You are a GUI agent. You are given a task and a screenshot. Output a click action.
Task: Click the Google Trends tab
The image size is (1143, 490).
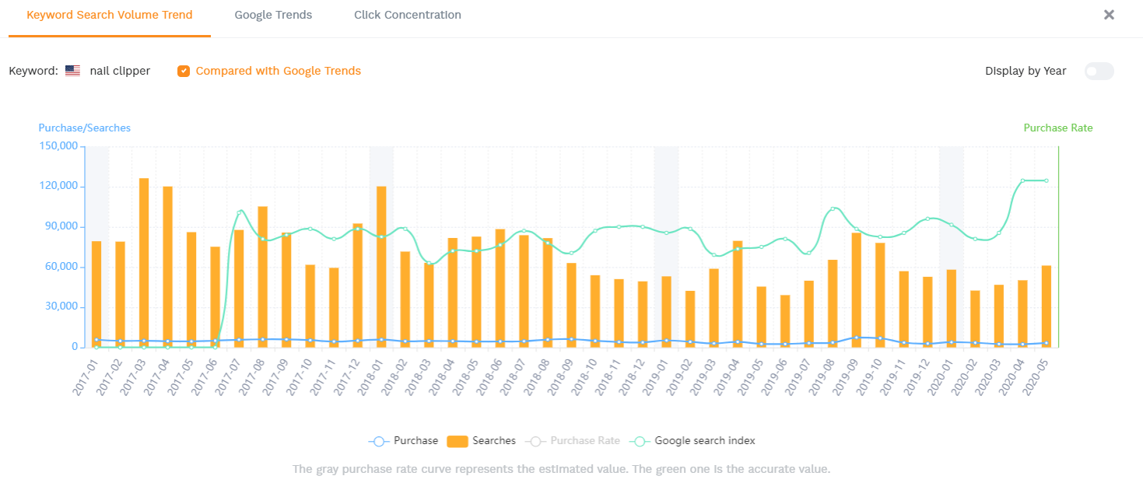[x=273, y=15]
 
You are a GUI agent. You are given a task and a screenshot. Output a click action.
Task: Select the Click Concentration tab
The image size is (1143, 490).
[x=407, y=15]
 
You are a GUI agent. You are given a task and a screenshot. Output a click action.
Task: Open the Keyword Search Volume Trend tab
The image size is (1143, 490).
[x=110, y=15]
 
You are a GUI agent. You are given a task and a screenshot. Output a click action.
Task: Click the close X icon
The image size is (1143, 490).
[x=1109, y=15]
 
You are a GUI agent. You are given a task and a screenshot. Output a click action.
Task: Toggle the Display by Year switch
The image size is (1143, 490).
[x=1099, y=71]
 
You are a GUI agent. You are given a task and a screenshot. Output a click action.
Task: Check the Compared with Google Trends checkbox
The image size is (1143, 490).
[x=184, y=71]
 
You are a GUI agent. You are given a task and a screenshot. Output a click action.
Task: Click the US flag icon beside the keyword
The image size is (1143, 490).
[x=72, y=71]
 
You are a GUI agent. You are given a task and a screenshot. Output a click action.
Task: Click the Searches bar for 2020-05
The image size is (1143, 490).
[x=1047, y=306]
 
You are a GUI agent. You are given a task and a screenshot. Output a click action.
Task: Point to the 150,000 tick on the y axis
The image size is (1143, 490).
[x=58, y=146]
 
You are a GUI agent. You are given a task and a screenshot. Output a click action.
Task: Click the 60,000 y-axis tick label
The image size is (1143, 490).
[x=60, y=267]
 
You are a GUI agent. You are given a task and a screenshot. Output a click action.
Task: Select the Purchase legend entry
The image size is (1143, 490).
[x=404, y=441]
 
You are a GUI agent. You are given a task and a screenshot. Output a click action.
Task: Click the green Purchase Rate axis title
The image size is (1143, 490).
[x=1057, y=128]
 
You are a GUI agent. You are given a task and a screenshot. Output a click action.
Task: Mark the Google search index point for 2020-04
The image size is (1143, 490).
[x=1022, y=180]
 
